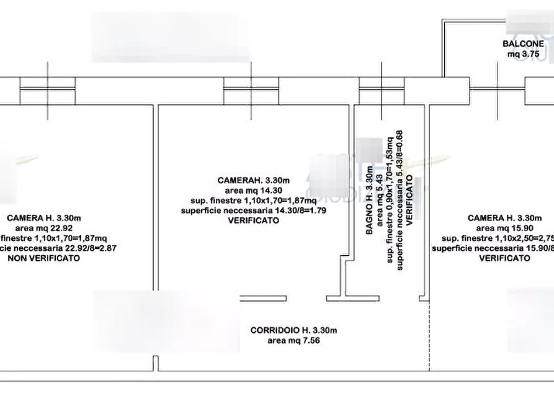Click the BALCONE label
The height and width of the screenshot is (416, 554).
coord(523,44)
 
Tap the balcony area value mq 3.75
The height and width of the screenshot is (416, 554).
coord(524,55)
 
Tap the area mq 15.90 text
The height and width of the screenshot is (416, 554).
coord(505,228)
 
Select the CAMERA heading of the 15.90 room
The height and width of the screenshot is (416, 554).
coord(505,218)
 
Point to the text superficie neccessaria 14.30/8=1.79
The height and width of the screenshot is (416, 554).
coord(254,211)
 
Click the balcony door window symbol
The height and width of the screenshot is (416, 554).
coord(498,91)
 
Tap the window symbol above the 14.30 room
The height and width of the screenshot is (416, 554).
coord(251,91)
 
